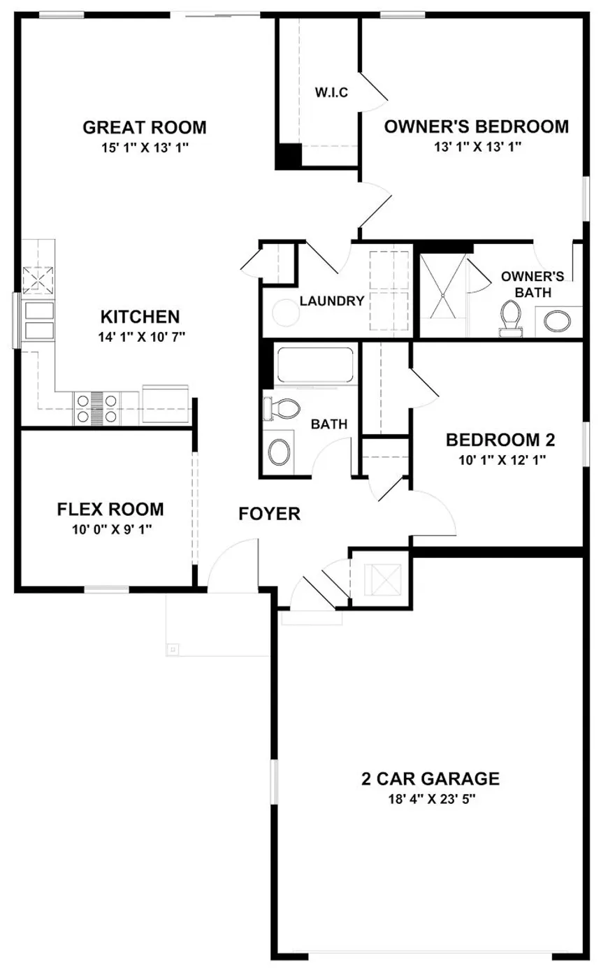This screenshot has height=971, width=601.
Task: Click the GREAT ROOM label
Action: (145, 127)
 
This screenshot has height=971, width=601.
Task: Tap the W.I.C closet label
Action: (331, 92)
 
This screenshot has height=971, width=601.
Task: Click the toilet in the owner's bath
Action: (511, 319)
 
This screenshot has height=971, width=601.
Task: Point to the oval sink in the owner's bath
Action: (559, 322)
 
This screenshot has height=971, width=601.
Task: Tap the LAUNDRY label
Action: (332, 301)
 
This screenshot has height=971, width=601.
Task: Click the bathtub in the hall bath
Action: (314, 364)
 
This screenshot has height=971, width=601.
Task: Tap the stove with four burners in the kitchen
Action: (96, 408)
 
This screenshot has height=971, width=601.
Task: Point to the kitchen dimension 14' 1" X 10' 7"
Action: (140, 336)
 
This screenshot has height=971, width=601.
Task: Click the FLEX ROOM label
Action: (110, 509)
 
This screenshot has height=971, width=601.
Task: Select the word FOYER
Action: (269, 515)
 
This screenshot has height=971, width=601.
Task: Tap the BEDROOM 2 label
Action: (500, 440)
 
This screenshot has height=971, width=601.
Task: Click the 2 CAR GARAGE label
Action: (430, 778)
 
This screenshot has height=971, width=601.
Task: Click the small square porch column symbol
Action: (173, 649)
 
